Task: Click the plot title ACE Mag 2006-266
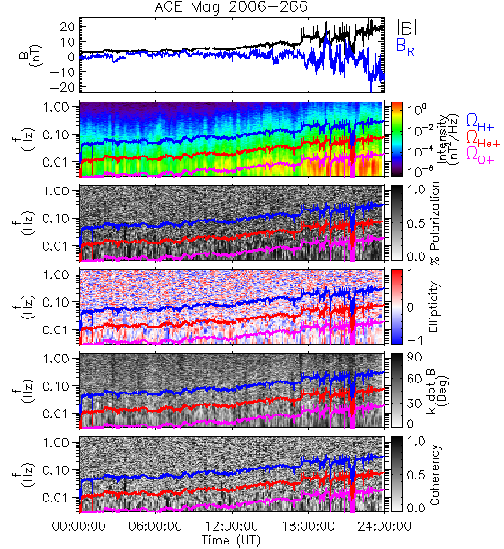[231, 6]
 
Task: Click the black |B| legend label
[407, 27]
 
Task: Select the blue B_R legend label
[405, 47]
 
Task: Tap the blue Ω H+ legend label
[480, 123]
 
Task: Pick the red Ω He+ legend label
[483, 138]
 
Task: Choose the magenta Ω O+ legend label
[480, 156]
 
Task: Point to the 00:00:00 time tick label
[79, 526]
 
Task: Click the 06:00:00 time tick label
[156, 526]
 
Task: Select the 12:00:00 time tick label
[232, 526]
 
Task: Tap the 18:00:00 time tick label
[308, 526]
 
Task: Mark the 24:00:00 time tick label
[384, 526]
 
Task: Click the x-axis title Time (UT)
[231, 541]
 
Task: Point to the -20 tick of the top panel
[62, 87]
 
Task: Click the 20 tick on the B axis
[68, 27]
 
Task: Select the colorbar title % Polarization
[434, 223]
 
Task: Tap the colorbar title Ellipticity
[434, 307]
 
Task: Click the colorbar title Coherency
[434, 475]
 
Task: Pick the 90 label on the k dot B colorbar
[414, 358]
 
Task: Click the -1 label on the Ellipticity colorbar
[414, 340]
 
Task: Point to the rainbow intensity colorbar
[397, 139]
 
